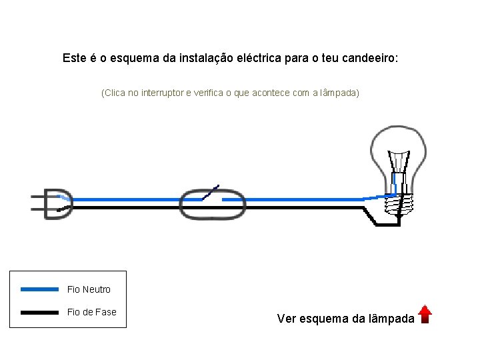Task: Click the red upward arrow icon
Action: tap(425, 314)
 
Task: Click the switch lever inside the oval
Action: tap(211, 193)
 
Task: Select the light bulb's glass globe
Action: tap(399, 150)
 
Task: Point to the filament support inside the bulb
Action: tap(399, 164)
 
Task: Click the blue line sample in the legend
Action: tap(39, 289)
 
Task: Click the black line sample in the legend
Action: tap(39, 312)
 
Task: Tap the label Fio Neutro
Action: tap(89, 289)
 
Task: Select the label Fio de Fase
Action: tap(92, 312)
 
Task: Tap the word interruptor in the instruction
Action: tap(164, 93)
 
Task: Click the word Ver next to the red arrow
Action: tap(287, 319)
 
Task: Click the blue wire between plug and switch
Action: tap(127, 199)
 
